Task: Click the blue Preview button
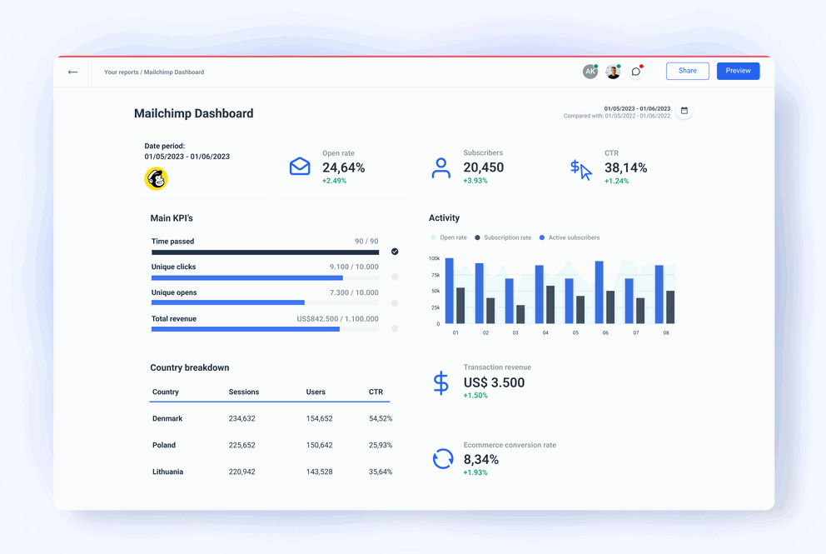tap(738, 71)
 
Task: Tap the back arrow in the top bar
tap(73, 72)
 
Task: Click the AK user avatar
tap(590, 72)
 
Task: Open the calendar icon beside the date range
tap(684, 111)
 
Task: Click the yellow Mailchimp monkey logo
tap(156, 178)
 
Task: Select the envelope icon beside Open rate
tap(300, 167)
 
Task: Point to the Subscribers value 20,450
tap(484, 167)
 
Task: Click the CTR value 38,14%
tap(625, 167)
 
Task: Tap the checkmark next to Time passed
tap(395, 252)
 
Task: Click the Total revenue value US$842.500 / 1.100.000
tap(337, 319)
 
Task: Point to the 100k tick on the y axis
tap(434, 258)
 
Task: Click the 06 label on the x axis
tap(605, 333)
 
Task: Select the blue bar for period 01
tap(450, 291)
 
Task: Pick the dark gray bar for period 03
tap(520, 314)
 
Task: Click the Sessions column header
tap(244, 392)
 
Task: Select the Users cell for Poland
tap(319, 446)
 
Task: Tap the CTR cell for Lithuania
tap(381, 472)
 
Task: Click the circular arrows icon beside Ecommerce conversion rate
tap(443, 458)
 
